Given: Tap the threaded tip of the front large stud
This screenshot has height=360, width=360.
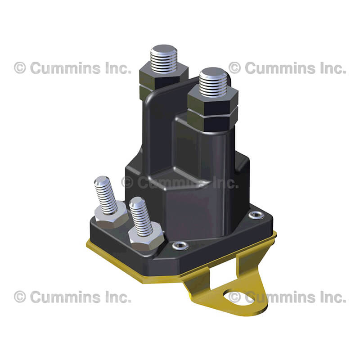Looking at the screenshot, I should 213,82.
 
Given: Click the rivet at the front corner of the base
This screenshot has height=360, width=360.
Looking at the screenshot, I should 180,245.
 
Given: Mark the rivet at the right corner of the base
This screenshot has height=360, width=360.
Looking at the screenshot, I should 256,215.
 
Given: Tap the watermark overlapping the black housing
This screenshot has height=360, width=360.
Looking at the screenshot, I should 180,183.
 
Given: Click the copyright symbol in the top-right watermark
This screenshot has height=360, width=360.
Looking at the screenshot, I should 234,68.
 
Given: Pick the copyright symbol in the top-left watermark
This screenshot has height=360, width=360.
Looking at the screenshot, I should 20,68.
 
